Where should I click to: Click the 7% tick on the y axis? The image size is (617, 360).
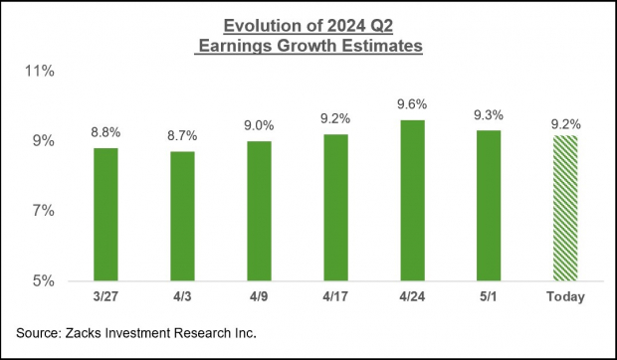click(x=44, y=211)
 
